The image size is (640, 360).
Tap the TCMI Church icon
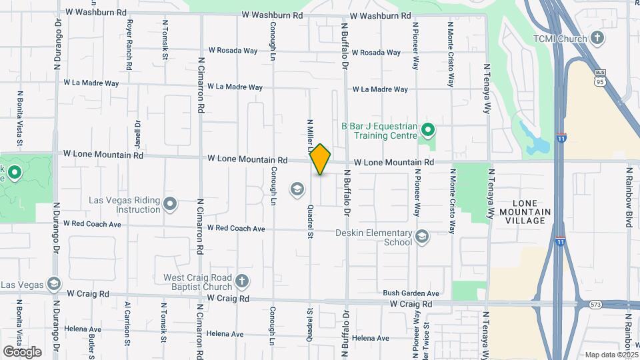coord(598,38)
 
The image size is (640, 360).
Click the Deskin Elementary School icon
coord(421,236)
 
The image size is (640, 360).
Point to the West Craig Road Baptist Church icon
coord(241,281)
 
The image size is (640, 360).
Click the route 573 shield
coord(596,305)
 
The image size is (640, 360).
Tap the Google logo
coord(22,351)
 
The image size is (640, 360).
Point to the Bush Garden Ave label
coord(411,293)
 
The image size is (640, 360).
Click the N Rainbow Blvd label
coord(629,197)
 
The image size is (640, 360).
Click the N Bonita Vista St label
coord(20,119)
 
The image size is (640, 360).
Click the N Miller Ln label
coord(309,133)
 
